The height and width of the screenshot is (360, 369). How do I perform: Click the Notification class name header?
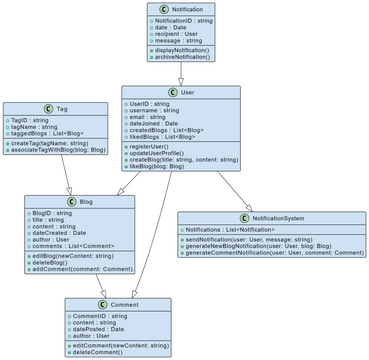(x=186, y=8)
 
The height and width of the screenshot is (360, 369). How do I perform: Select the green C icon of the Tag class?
(x=47, y=108)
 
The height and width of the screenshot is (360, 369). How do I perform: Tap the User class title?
(x=187, y=92)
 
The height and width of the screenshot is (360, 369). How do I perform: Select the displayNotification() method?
(x=184, y=49)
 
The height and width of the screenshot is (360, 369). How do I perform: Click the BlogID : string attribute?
(x=57, y=213)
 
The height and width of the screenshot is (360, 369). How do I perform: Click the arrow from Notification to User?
(x=181, y=74)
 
